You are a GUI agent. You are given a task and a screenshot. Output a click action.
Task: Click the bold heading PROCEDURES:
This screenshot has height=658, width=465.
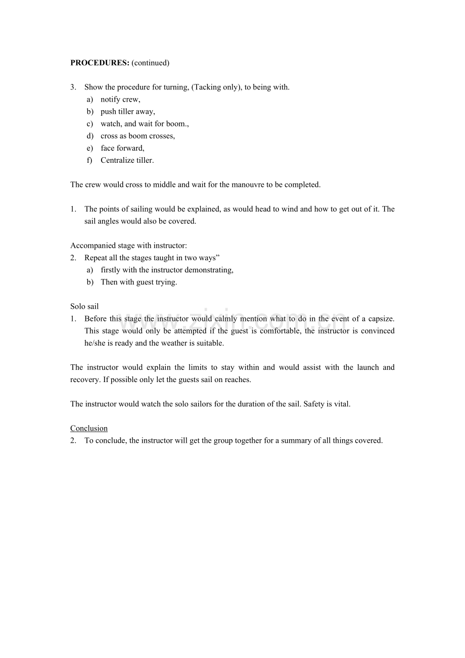point(100,63)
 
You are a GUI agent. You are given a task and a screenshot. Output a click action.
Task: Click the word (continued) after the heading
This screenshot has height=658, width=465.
point(151,63)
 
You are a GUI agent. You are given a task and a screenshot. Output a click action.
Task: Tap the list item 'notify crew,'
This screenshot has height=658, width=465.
point(120,100)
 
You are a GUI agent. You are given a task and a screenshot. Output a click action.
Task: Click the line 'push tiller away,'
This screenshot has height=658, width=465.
point(127,112)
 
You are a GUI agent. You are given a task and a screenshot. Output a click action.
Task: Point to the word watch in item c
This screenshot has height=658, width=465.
point(111,124)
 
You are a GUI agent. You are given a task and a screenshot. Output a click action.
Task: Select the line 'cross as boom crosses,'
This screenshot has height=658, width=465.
point(137,136)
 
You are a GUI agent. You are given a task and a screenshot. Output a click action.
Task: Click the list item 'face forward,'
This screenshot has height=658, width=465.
point(122,148)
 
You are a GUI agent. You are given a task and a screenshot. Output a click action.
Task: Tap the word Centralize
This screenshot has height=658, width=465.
point(118,160)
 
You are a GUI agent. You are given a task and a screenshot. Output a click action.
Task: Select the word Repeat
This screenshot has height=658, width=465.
point(96,258)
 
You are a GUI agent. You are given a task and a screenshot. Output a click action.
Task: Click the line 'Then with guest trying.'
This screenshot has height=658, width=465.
point(138,282)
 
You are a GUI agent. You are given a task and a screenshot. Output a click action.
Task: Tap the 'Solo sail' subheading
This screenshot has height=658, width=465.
point(84,306)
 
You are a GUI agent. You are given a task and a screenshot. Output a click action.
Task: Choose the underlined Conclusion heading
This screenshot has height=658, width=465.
point(89,429)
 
